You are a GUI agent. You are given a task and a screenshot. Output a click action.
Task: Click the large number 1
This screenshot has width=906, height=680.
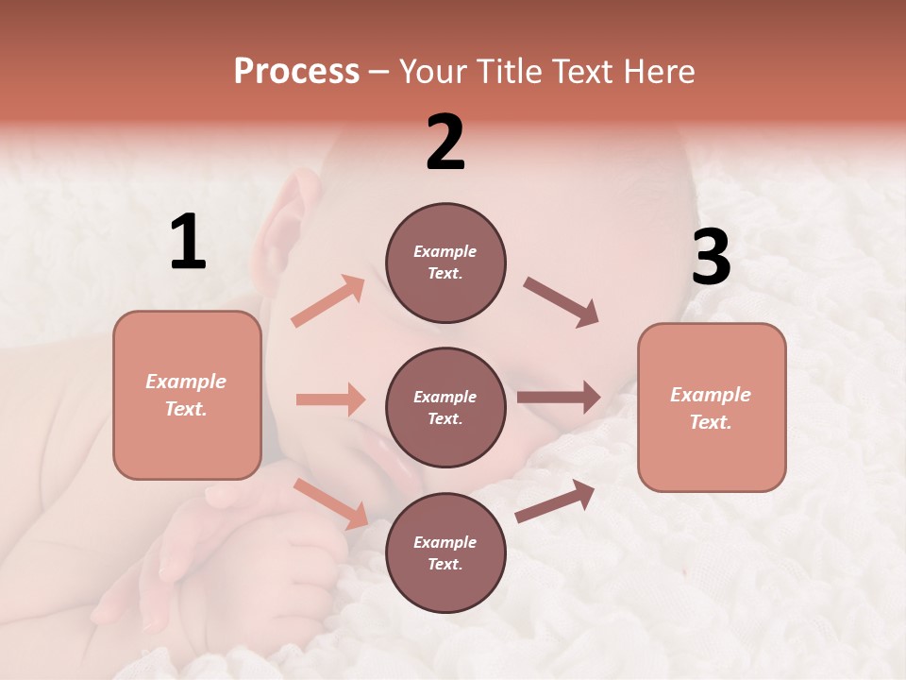pyautogui.click(x=188, y=243)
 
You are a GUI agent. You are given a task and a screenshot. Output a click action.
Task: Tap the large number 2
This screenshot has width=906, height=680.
pyautogui.click(x=445, y=142)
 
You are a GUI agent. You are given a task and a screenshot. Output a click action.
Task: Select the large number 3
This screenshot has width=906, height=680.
pyautogui.click(x=711, y=258)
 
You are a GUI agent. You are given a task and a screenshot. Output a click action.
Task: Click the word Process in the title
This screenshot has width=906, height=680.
pyautogui.click(x=296, y=71)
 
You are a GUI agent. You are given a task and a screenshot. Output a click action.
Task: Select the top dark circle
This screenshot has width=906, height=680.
pyautogui.click(x=445, y=263)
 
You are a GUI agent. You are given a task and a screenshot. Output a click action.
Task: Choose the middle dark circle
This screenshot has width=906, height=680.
pyautogui.click(x=445, y=407)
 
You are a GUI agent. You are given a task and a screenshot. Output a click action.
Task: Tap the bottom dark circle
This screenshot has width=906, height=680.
pyautogui.click(x=445, y=552)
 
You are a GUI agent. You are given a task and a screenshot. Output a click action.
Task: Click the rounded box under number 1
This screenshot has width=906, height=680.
pyautogui.click(x=187, y=395)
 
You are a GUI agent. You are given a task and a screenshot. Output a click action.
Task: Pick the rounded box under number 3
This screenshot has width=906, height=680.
pyautogui.click(x=712, y=407)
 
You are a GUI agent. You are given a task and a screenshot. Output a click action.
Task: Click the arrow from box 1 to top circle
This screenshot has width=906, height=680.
pyautogui.click(x=328, y=300)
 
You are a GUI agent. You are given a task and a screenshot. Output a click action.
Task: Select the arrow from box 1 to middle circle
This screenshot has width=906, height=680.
pyautogui.click(x=330, y=399)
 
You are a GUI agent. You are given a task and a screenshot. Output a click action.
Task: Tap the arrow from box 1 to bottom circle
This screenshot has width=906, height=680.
pyautogui.click(x=331, y=502)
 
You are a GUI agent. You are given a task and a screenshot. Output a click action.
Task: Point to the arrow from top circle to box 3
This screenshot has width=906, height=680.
pyautogui.click(x=562, y=302)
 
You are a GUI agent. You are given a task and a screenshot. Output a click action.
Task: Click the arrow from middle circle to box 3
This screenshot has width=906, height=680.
pyautogui.click(x=558, y=398)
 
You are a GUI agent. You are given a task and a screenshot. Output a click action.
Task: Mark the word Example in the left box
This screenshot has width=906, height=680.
pyautogui.click(x=186, y=382)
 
